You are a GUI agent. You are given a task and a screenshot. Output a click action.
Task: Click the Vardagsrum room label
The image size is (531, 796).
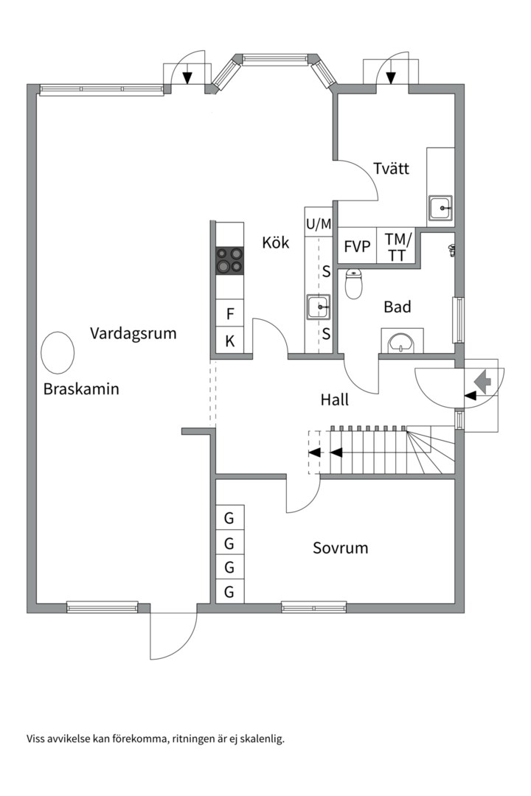pyautogui.click(x=133, y=333)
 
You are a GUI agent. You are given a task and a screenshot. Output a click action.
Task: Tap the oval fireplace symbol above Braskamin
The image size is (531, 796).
pyautogui.click(x=57, y=352)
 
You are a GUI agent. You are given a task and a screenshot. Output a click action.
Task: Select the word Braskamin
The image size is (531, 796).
pyautogui.click(x=81, y=389)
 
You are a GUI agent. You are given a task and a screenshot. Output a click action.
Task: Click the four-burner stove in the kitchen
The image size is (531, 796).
pyautogui.click(x=229, y=261)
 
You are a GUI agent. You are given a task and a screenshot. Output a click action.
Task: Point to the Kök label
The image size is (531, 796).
pyautogui.click(x=276, y=242)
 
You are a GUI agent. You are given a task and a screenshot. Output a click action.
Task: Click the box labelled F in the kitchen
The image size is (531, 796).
pyautogui.click(x=230, y=314)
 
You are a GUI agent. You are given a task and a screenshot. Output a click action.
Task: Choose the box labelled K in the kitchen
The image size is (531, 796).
pyautogui.click(x=230, y=341)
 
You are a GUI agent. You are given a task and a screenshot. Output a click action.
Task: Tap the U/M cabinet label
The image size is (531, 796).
pyautogui.click(x=319, y=223)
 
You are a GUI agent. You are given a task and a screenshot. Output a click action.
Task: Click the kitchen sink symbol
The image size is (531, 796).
pyautogui.click(x=319, y=305)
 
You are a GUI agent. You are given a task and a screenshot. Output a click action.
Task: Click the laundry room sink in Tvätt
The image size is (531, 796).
pyautogui.click(x=442, y=209)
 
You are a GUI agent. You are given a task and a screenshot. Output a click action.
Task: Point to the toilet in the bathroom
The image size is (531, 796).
pyautogui.click(x=354, y=283)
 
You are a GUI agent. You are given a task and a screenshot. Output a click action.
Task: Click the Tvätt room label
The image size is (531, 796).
pyautogui.click(x=391, y=169)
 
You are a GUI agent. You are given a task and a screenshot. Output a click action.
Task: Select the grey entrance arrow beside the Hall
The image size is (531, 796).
pyautogui.click(x=483, y=381)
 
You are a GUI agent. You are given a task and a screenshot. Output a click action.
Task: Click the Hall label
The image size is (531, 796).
pyautogui.click(x=334, y=400)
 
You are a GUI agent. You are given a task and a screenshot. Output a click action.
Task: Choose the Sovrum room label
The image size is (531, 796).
pyautogui.click(x=340, y=548)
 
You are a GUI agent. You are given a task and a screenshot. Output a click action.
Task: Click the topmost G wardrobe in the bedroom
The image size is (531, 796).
pyautogui.click(x=229, y=518)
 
